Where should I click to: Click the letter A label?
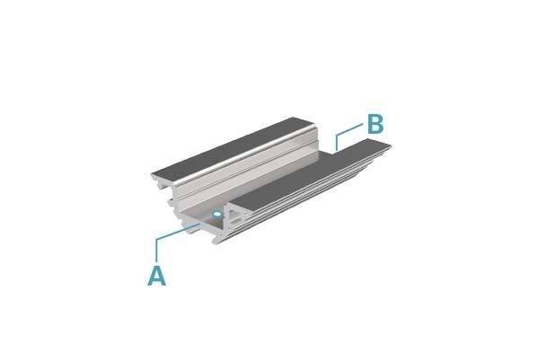(x=156, y=275)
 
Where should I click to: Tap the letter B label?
(x=375, y=124)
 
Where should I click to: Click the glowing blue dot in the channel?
(x=216, y=215)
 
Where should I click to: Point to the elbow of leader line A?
(x=156, y=239)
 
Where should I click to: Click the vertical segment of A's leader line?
(x=156, y=250)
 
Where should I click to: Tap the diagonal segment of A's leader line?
(x=179, y=231)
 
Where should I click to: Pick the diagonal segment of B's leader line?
(x=349, y=129)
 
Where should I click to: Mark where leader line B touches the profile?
(x=337, y=151)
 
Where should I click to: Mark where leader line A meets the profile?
(x=200, y=224)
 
